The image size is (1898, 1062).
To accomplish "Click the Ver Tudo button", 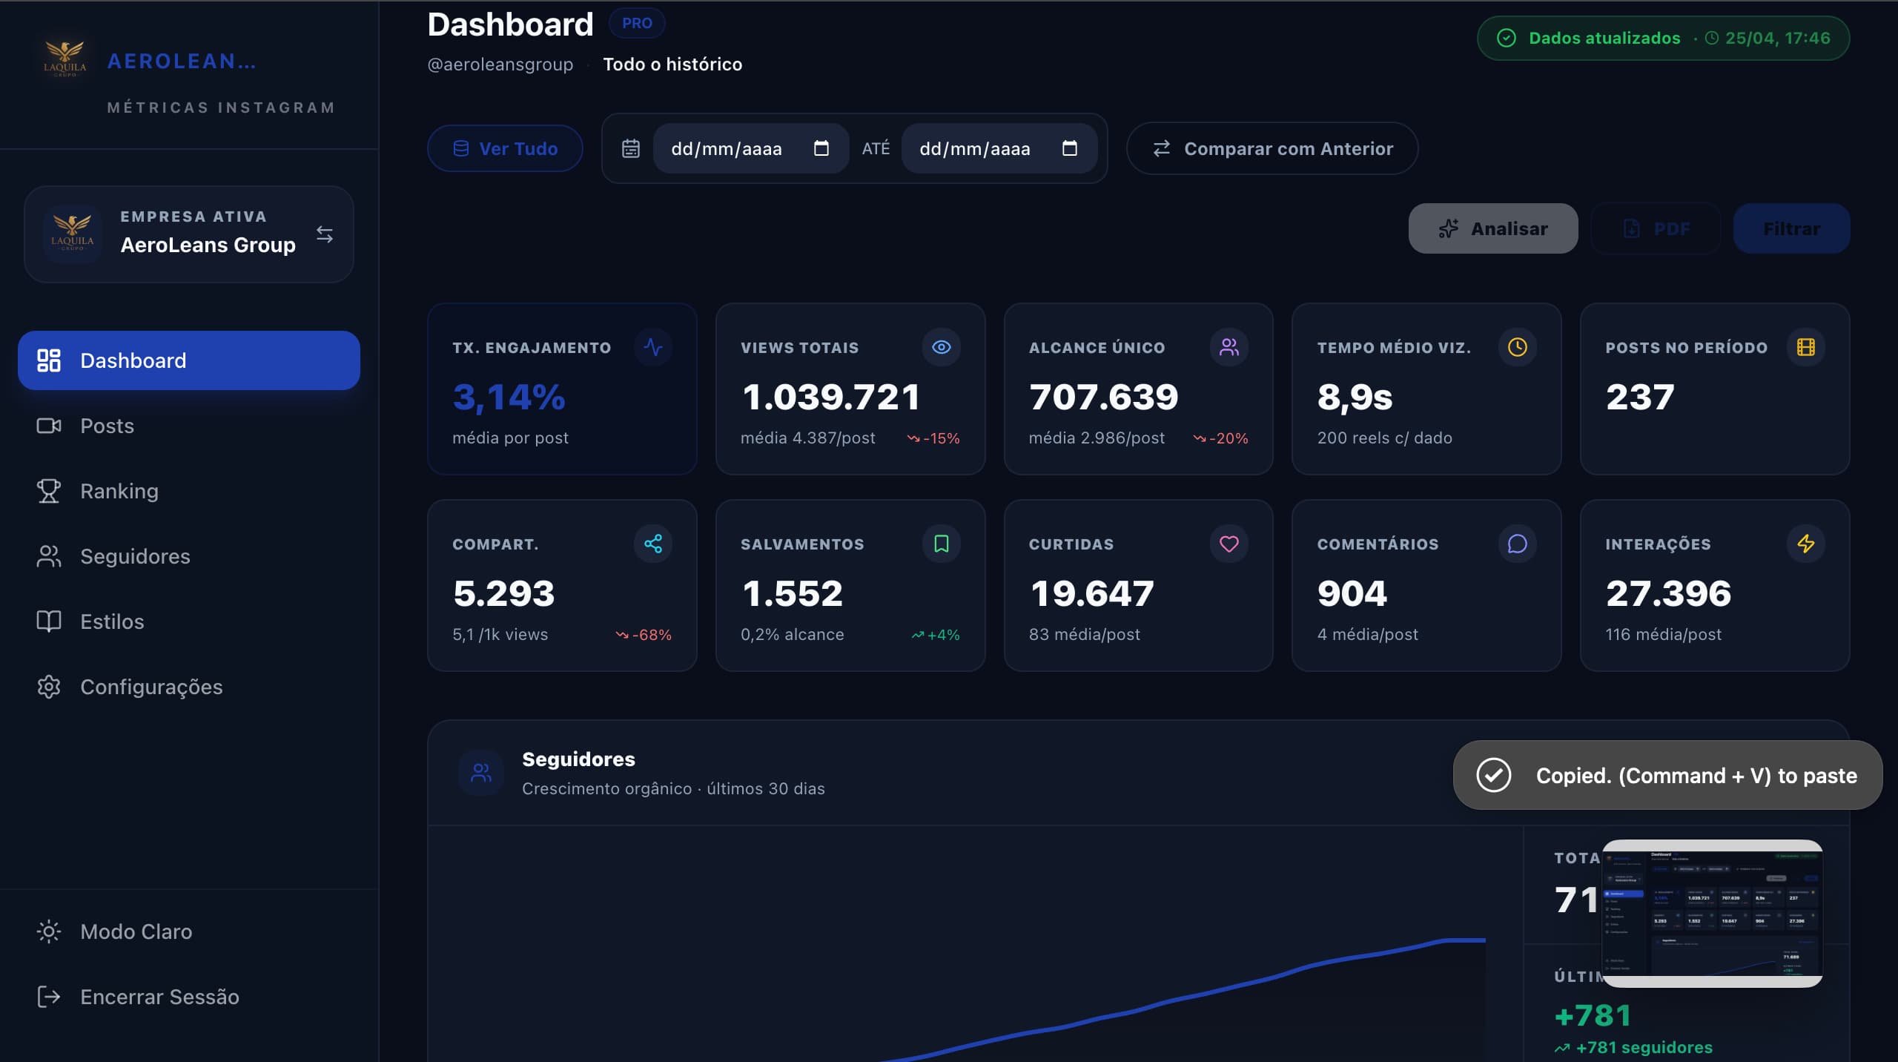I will coord(505,148).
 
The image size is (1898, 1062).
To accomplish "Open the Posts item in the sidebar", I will coord(107,426).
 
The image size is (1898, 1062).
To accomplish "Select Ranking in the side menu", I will coord(119,491).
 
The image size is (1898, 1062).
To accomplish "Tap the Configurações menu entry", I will coord(151,687).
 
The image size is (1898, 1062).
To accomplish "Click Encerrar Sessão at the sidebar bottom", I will coord(159,997).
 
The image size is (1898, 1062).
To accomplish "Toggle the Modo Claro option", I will coord(136,931).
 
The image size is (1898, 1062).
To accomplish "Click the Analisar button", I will coord(1492,228).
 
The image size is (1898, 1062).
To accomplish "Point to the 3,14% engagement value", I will coord(509,397).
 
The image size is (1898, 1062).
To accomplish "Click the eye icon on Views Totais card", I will coord(941,347).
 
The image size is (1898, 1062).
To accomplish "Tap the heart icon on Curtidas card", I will coord(1229,544).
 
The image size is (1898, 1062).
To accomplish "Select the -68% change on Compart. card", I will coord(644,635).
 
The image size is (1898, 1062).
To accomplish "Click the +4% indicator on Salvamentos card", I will coord(936,635).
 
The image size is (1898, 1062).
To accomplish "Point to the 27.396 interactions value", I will coord(1668,593).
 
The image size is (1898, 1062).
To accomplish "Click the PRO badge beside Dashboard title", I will coord(637,23).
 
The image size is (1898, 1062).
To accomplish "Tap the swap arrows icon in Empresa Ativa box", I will coord(325,234).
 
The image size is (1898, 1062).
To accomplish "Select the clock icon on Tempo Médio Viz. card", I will coord(1517,347).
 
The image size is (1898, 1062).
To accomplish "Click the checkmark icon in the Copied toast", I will coord(1493,775).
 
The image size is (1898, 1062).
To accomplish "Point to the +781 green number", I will coord(1593,1016).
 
